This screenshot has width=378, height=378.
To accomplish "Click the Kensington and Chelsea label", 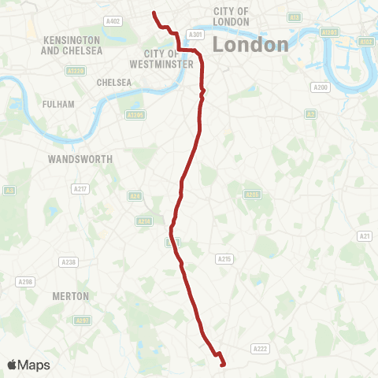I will tap(72, 45).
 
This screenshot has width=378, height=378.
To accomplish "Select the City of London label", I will tap(231, 16).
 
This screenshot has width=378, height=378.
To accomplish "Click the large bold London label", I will tap(251, 44).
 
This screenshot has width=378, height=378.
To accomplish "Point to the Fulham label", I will tap(59, 104).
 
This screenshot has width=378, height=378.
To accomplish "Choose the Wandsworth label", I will tap(80, 158).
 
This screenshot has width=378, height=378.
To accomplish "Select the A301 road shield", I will tap(196, 35).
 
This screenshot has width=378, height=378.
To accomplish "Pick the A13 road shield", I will tap(294, 17).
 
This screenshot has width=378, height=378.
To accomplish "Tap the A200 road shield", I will tap(321, 87).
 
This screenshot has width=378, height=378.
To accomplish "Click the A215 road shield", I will tap(225, 258).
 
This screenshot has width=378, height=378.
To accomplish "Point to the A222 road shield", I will tap(260, 348).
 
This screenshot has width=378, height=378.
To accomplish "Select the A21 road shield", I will tap(365, 235).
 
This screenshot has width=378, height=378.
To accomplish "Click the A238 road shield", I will tap(69, 262).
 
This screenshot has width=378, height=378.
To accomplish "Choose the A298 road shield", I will tap(27, 281).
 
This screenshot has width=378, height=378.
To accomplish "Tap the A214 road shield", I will tap(144, 221).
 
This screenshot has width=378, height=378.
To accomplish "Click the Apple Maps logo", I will tap(28, 365).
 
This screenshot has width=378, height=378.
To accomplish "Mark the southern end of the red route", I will tap(224, 364).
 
